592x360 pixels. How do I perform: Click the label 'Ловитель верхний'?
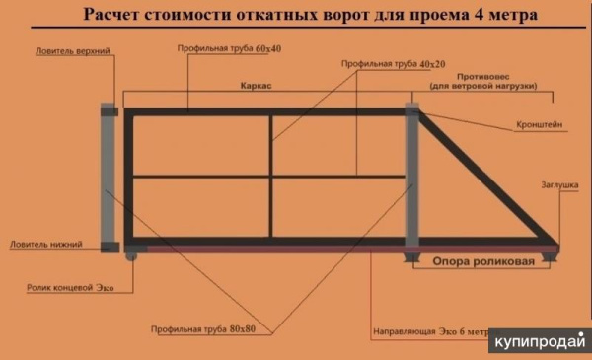click(73, 51)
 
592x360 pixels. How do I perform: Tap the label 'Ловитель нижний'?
click(46, 245)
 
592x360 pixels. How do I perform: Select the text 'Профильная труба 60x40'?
click(229, 49)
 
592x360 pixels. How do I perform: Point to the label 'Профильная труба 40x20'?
click(393, 64)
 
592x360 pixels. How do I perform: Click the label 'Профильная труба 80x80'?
click(203, 329)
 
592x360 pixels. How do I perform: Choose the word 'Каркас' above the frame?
click(256, 86)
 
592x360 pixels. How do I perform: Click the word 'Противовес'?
click(482, 77)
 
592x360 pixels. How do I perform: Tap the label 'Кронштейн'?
click(539, 124)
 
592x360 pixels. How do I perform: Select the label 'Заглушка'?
click(559, 184)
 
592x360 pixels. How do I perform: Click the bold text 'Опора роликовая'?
click(483, 261)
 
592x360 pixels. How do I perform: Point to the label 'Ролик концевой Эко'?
click(70, 288)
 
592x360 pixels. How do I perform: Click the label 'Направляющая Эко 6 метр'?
click(430, 331)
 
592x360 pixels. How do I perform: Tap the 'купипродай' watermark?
click(540, 341)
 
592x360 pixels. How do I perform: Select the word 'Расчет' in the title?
click(111, 15)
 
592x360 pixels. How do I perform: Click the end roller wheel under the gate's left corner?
click(131, 256)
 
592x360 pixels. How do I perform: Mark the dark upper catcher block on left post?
click(110, 111)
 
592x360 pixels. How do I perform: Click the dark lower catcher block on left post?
click(110, 248)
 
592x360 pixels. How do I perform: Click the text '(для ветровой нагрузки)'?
click(483, 86)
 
